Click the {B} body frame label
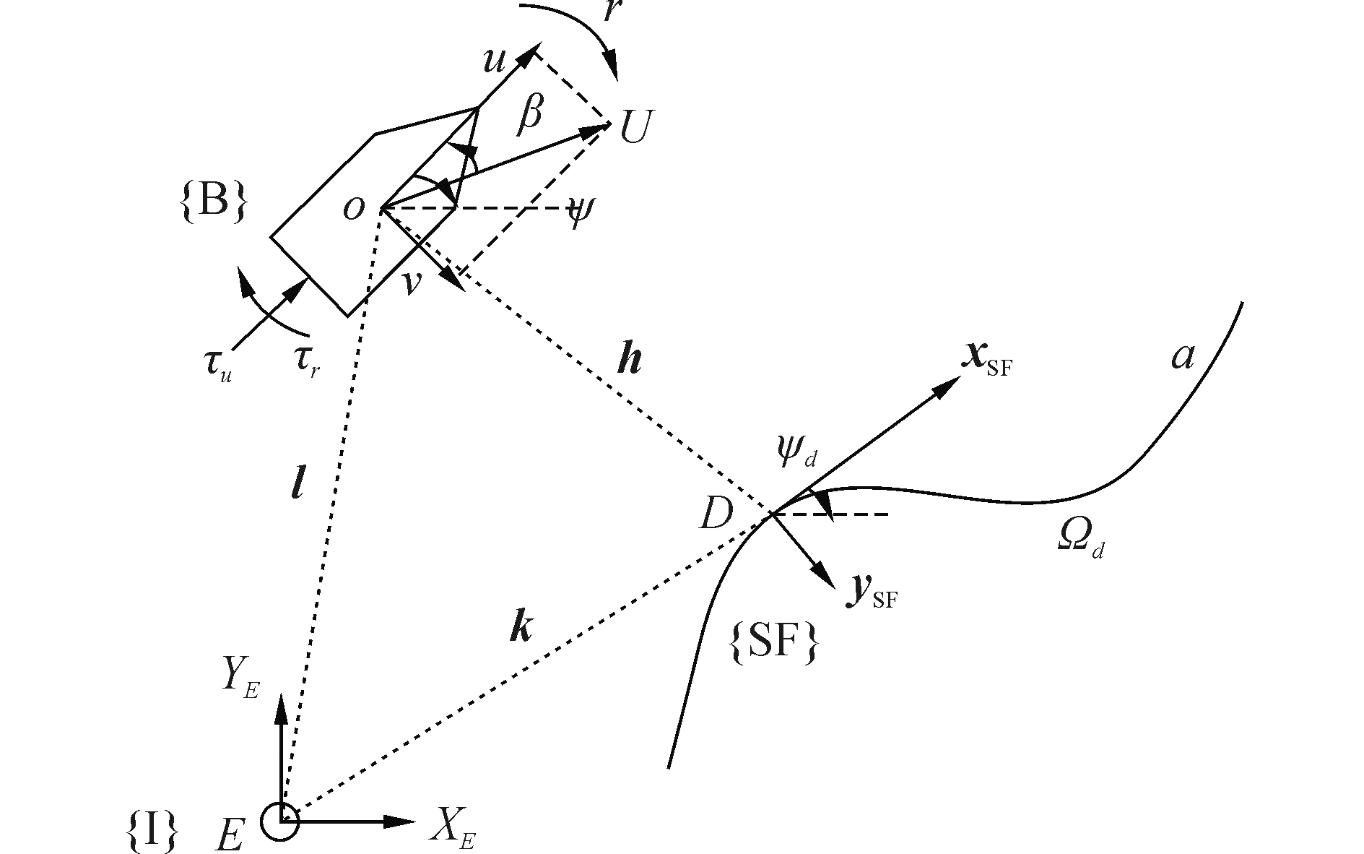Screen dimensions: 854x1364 click(212, 202)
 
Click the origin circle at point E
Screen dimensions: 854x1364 click(279, 821)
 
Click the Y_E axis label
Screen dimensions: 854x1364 click(240, 678)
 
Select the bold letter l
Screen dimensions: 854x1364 click(297, 483)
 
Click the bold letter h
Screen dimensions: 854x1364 click(630, 359)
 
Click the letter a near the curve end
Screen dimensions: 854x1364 click(1182, 356)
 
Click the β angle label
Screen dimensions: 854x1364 click(530, 116)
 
